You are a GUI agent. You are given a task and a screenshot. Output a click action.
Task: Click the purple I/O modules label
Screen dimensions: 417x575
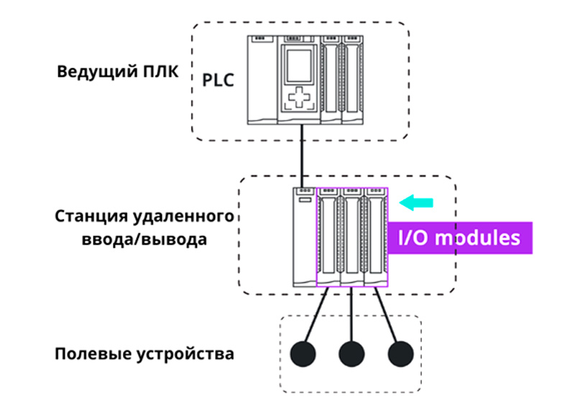(x=460, y=238)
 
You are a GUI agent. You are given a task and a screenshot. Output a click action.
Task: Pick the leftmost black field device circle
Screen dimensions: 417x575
(x=302, y=354)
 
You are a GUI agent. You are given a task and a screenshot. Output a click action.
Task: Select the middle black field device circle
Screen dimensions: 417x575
(x=351, y=354)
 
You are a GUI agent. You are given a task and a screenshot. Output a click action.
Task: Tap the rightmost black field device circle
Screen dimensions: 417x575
(x=401, y=354)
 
